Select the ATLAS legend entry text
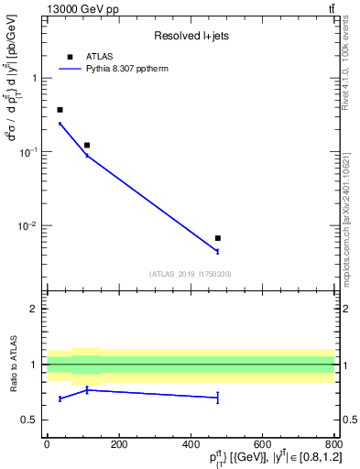click(99, 57)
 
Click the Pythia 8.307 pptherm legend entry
click(132, 68)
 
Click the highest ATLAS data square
click(60, 110)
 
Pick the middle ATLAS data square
click(87, 145)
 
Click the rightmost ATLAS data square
click(217, 238)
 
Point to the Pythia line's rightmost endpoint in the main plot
click(217, 251)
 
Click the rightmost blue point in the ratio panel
click(217, 397)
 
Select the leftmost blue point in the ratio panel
click(60, 398)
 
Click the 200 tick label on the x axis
click(118, 445)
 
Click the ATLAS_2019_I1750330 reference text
click(191, 274)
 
